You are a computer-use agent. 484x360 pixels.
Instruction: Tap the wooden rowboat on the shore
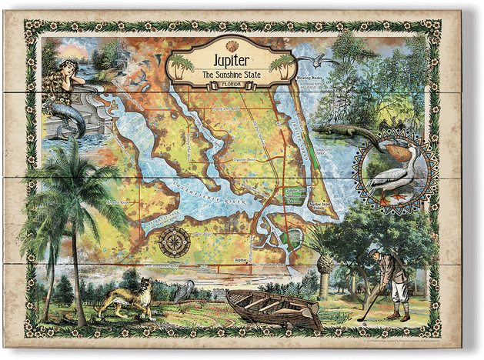(x=273, y=308)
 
